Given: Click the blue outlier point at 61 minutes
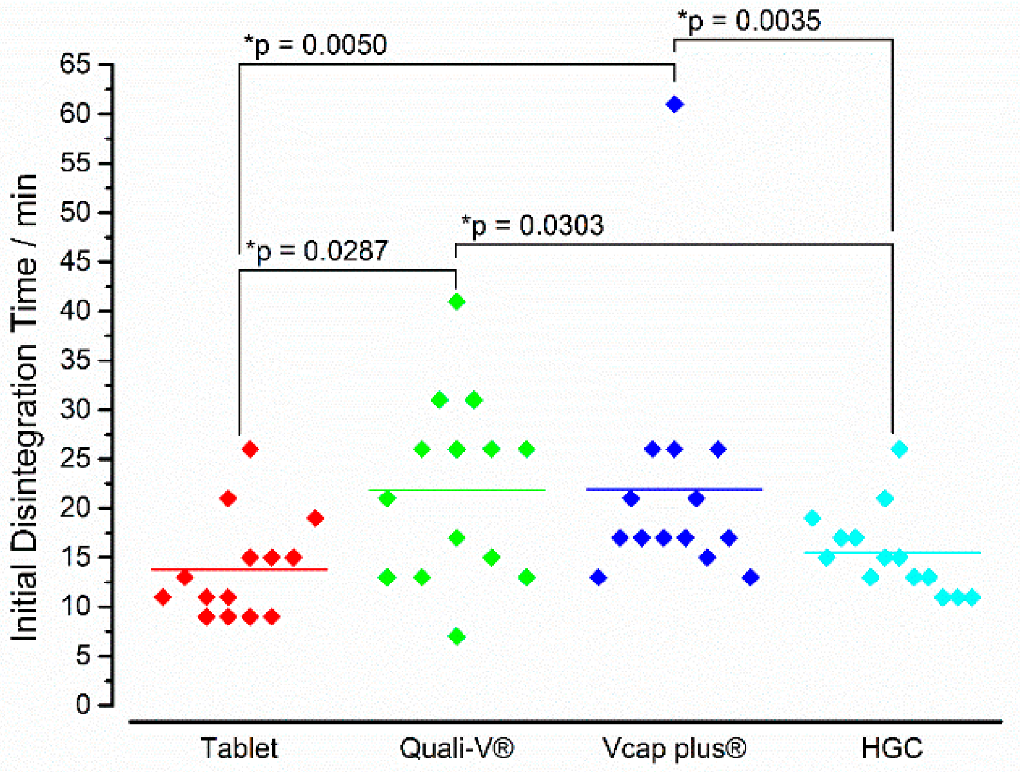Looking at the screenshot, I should [x=674, y=104].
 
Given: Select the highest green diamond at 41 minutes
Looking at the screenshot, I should [x=456, y=301].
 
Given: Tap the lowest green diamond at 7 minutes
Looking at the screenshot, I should [x=456, y=637].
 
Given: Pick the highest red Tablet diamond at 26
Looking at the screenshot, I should [x=250, y=449].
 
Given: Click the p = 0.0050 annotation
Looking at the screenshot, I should [x=316, y=45].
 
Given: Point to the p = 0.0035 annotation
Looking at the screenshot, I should [x=749, y=21].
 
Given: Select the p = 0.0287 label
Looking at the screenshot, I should [x=317, y=251].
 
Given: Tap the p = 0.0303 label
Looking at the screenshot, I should [x=533, y=225].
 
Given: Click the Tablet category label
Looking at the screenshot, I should [x=239, y=748].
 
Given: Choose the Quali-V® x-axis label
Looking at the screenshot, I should [x=456, y=748].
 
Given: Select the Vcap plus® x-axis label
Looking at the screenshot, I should [x=674, y=748].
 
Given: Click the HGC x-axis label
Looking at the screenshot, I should [x=891, y=748].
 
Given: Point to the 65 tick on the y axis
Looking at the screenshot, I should [x=75, y=64].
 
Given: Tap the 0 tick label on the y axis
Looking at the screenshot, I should [x=83, y=705].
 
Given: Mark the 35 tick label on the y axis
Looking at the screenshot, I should [x=75, y=360].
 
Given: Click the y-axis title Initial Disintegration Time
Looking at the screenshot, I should [x=25, y=407].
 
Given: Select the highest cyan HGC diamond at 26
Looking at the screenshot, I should [x=899, y=449].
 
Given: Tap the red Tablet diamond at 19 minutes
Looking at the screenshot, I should [x=315, y=519].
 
